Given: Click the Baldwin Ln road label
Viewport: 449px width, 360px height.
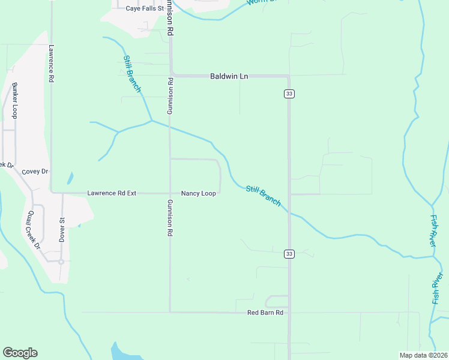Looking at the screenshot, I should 229,76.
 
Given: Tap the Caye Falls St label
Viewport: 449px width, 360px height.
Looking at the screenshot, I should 145,8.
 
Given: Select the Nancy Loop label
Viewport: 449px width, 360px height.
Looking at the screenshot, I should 198,193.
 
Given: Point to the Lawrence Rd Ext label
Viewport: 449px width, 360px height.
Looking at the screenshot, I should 112,193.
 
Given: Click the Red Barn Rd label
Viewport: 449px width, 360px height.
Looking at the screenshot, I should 265,313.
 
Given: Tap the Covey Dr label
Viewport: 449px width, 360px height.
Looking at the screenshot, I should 34,172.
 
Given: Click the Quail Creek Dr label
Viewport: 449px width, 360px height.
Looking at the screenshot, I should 32,230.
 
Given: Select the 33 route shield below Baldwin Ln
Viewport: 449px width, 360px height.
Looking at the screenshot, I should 289,94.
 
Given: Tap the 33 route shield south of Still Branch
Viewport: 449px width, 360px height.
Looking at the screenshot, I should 289,254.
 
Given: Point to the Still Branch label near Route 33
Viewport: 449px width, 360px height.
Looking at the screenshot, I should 263,196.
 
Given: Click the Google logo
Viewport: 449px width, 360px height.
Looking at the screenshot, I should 20,353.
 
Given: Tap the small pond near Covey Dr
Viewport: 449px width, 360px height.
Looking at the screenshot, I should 70,178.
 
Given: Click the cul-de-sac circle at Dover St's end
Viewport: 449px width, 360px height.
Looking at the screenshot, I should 61,261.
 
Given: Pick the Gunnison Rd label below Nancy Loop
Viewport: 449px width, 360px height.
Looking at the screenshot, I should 170,217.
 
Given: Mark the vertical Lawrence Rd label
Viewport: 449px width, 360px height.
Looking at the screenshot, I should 52,64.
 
